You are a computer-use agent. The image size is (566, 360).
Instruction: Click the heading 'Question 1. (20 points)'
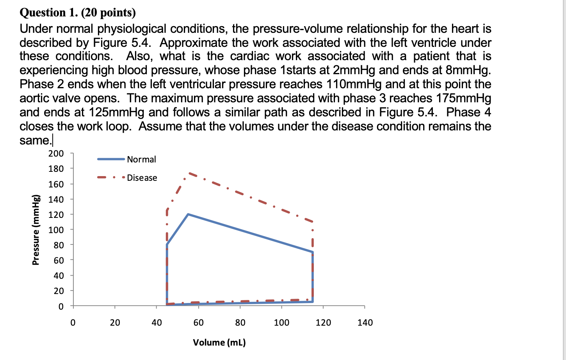pos(78,13)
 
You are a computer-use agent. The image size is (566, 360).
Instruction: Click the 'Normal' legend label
pos(141,159)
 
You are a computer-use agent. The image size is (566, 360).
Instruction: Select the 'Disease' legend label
pos(142,178)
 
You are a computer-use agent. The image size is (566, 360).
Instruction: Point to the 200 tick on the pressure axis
pos(56,153)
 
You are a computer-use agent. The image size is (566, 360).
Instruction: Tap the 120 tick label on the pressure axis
pos(56,214)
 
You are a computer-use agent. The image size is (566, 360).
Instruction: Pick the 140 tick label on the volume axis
pos(365,323)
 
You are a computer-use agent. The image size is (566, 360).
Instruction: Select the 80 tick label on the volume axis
pos(240,323)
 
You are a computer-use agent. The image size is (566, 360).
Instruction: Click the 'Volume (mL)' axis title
pos(219,342)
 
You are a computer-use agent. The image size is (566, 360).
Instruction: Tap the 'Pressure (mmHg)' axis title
pos(36,230)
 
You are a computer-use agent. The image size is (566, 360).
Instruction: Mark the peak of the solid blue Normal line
pos(188,214)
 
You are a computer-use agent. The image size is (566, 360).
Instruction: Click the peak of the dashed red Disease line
pos(189,173)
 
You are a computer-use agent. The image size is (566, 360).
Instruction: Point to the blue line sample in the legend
pos(111,159)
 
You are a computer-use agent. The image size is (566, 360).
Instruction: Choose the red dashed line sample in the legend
pos(111,178)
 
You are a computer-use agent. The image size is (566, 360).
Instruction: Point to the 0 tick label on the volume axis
pos(73,323)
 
